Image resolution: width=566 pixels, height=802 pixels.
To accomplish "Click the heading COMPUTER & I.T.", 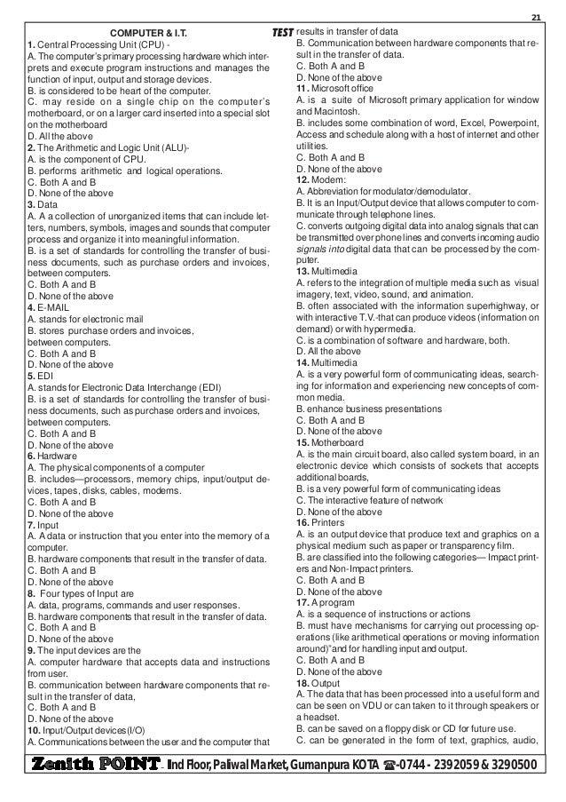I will point(147,34).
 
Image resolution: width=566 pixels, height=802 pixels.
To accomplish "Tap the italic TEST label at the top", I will point(280,34).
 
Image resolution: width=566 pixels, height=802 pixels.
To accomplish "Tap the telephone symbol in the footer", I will point(388,766).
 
